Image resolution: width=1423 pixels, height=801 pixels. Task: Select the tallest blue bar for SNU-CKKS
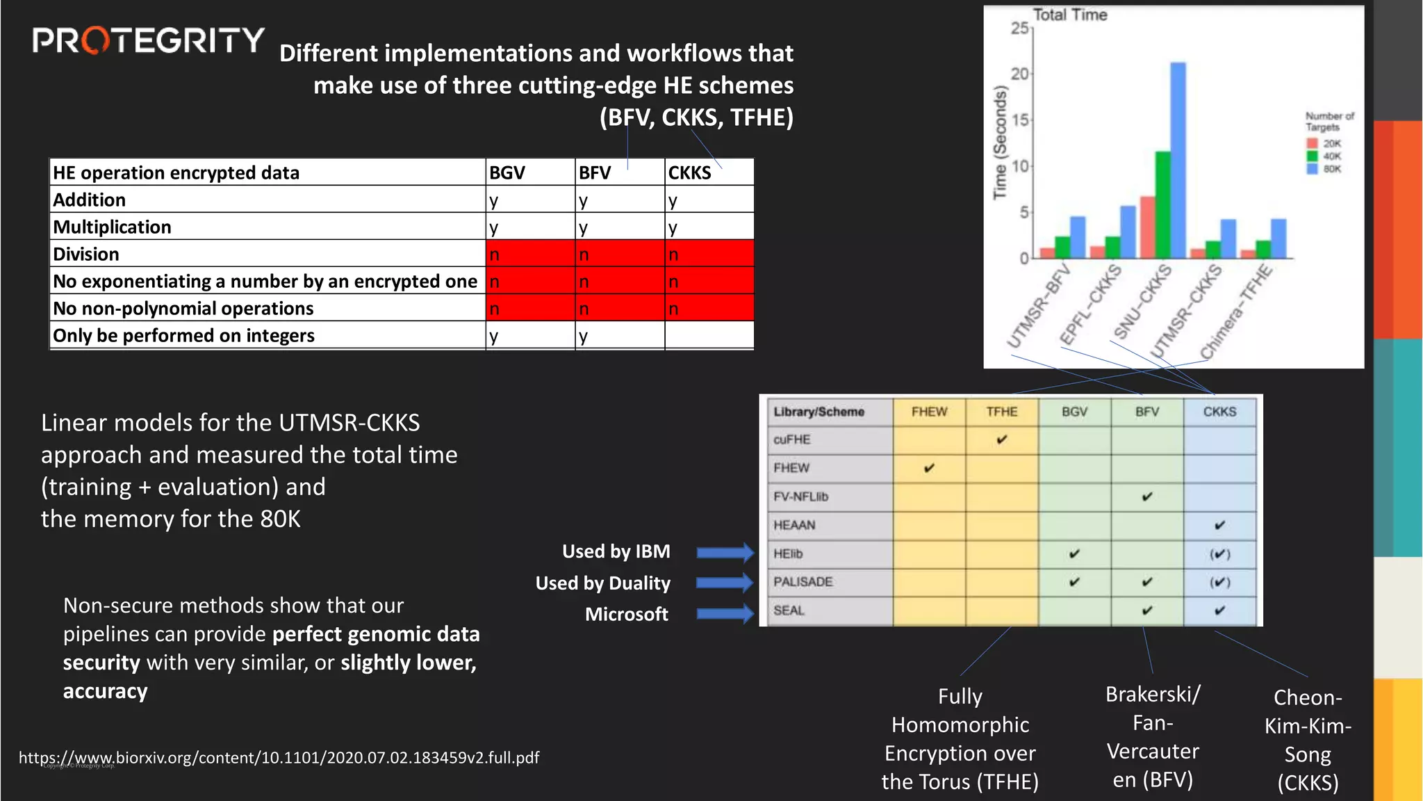[x=1178, y=160]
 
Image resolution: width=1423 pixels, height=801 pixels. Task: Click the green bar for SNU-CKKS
[x=1162, y=205]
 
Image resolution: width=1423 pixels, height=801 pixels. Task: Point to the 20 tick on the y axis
[x=1019, y=74]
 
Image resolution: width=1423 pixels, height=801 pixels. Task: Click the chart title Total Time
[x=1069, y=15]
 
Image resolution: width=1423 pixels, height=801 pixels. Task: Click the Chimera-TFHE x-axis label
[x=1237, y=311]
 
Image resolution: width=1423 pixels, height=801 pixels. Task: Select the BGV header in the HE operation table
[x=507, y=172]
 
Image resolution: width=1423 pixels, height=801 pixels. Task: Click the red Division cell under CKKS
[x=709, y=254]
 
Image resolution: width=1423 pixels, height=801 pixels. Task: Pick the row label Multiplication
[x=112, y=227]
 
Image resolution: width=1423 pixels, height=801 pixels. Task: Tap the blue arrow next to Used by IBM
[x=725, y=553]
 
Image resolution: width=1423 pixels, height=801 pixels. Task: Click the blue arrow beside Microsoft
[x=725, y=613]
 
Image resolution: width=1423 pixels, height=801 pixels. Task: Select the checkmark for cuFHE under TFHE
[x=1001, y=439]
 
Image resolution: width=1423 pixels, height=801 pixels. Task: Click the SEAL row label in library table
[x=789, y=610]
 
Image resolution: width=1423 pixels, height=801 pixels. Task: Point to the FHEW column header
[x=929, y=412]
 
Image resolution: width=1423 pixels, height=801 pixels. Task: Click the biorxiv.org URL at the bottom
[x=279, y=757]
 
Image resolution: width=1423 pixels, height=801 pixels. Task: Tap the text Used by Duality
[x=602, y=583]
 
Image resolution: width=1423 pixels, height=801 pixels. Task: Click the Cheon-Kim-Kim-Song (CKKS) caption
[x=1307, y=739]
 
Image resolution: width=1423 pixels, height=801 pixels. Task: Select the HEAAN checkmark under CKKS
[x=1219, y=525]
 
